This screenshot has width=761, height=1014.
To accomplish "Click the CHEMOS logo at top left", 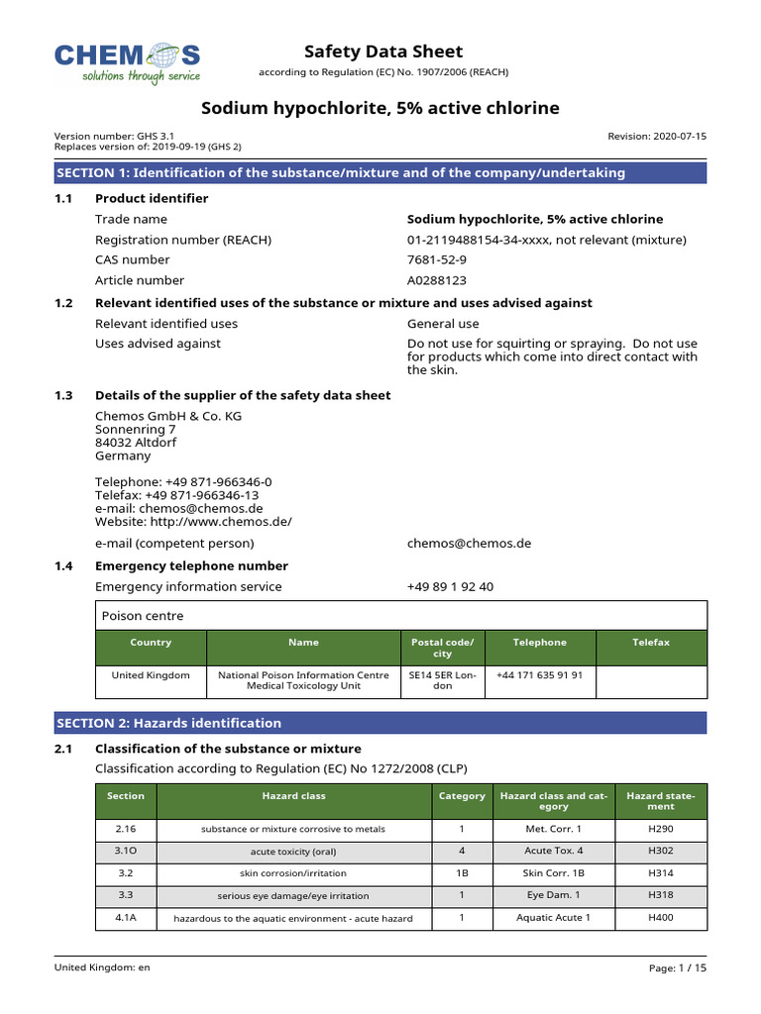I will coord(127,62).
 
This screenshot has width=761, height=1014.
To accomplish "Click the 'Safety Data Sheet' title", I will coord(382,51).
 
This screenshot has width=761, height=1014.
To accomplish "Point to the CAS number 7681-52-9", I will coord(440,259).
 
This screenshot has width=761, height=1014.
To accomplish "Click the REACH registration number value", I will coord(546,240).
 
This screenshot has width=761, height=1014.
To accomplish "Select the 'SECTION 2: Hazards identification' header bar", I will coord(380,723).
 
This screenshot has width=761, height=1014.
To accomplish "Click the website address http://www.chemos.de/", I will coord(193,521).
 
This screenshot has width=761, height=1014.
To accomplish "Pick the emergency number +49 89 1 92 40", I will coord(450,586).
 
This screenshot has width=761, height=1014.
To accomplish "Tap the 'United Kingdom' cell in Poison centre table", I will coord(151,674).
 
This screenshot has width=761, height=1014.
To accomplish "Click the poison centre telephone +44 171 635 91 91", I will coord(539,674).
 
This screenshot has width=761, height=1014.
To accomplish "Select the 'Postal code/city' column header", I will coord(443,649).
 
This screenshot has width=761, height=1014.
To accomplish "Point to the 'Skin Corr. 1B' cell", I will coord(553,873).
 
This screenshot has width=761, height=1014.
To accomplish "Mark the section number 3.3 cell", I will coord(126,895).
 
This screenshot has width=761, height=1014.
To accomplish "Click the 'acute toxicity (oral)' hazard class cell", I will coord(293,851).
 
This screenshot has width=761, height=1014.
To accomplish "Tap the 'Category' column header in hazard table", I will coord(462,795).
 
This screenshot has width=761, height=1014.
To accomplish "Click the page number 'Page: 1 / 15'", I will coord(678,967).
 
